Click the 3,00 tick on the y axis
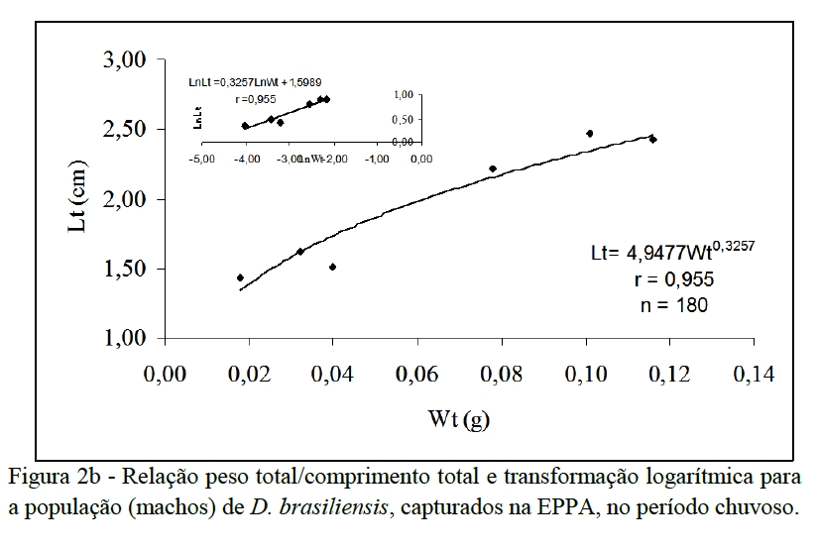tap(125, 60)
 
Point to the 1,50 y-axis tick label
tap(125, 270)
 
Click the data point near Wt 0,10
tap(590, 134)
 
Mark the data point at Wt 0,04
tap(332, 267)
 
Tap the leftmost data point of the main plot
tap(240, 278)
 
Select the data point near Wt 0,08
tap(493, 169)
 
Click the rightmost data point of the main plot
tap(653, 140)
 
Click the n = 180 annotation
tap(673, 305)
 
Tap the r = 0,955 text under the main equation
tap(673, 280)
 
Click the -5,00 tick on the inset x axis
tap(203, 159)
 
